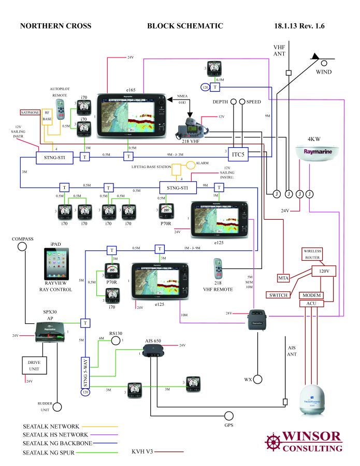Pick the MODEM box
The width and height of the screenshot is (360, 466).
pyautogui.click(x=311, y=295)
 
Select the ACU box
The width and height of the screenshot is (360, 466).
pyautogui.click(x=311, y=303)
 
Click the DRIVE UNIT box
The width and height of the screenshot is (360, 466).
pyautogui.click(x=35, y=365)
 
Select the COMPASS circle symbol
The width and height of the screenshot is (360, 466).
pyautogui.click(x=23, y=246)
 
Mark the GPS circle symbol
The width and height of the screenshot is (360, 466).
pyautogui.click(x=229, y=416)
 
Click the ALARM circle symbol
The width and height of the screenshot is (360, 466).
pyautogui.click(x=191, y=165)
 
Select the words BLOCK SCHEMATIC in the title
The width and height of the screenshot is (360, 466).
pyautogui.click(x=185, y=26)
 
